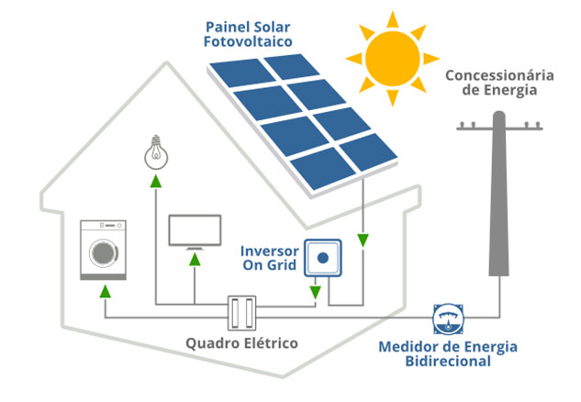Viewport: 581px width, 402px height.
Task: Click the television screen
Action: [195, 229]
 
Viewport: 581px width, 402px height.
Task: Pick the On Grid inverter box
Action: [323, 259]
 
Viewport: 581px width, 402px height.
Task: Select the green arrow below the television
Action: [195, 260]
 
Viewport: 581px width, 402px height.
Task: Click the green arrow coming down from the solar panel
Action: [363, 240]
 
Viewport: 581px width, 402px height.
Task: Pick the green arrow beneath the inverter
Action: [316, 293]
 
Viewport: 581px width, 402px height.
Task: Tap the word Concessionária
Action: [497, 74]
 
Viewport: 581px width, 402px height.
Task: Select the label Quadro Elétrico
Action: [242, 344]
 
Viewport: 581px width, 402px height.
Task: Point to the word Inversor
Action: [268, 250]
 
